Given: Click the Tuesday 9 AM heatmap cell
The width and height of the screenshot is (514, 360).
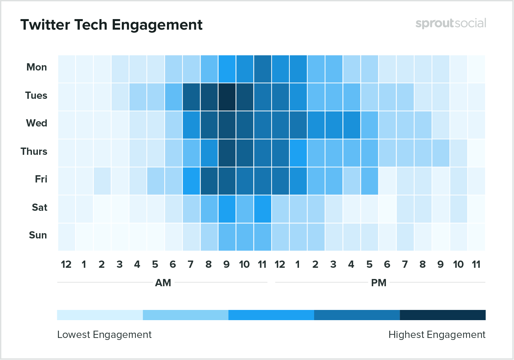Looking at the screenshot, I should pos(227,97).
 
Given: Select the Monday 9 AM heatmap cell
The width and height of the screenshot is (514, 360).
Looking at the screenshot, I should pos(227,69).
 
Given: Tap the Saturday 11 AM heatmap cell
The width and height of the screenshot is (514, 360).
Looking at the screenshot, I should pos(262,209).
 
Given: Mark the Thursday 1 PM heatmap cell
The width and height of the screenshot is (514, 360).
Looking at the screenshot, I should pos(298,153).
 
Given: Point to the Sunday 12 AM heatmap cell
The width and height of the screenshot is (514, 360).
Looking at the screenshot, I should pos(67,237).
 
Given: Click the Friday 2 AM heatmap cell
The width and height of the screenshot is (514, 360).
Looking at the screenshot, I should pos(102,181).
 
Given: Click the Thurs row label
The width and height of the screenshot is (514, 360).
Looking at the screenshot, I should pos(34,152).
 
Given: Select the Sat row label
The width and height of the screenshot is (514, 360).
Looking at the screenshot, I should pos(40,208).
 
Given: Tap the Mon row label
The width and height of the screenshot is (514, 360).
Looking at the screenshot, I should pos(37,67).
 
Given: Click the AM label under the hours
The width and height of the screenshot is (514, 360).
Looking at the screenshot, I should pos(163,283).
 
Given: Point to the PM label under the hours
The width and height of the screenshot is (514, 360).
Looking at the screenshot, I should pos(379,283).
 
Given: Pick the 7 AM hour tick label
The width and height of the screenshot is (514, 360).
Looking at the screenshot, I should pos(191,264).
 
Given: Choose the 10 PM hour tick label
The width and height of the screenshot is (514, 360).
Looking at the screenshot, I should pos(458,264).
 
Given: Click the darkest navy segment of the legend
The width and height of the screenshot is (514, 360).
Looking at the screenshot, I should pos(443,315).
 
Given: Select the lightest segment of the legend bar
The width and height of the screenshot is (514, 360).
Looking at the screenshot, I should pos(100,315).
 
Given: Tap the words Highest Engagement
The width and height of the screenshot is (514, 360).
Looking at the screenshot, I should pos(437,335).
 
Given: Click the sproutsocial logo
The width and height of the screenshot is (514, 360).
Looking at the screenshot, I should pos(450,23).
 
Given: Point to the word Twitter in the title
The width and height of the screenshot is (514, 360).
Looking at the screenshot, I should pos(45,25).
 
